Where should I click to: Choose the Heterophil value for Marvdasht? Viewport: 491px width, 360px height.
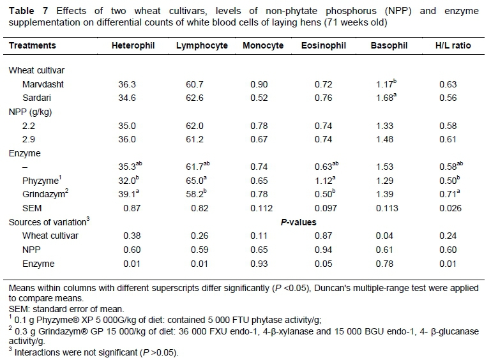[123, 84]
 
